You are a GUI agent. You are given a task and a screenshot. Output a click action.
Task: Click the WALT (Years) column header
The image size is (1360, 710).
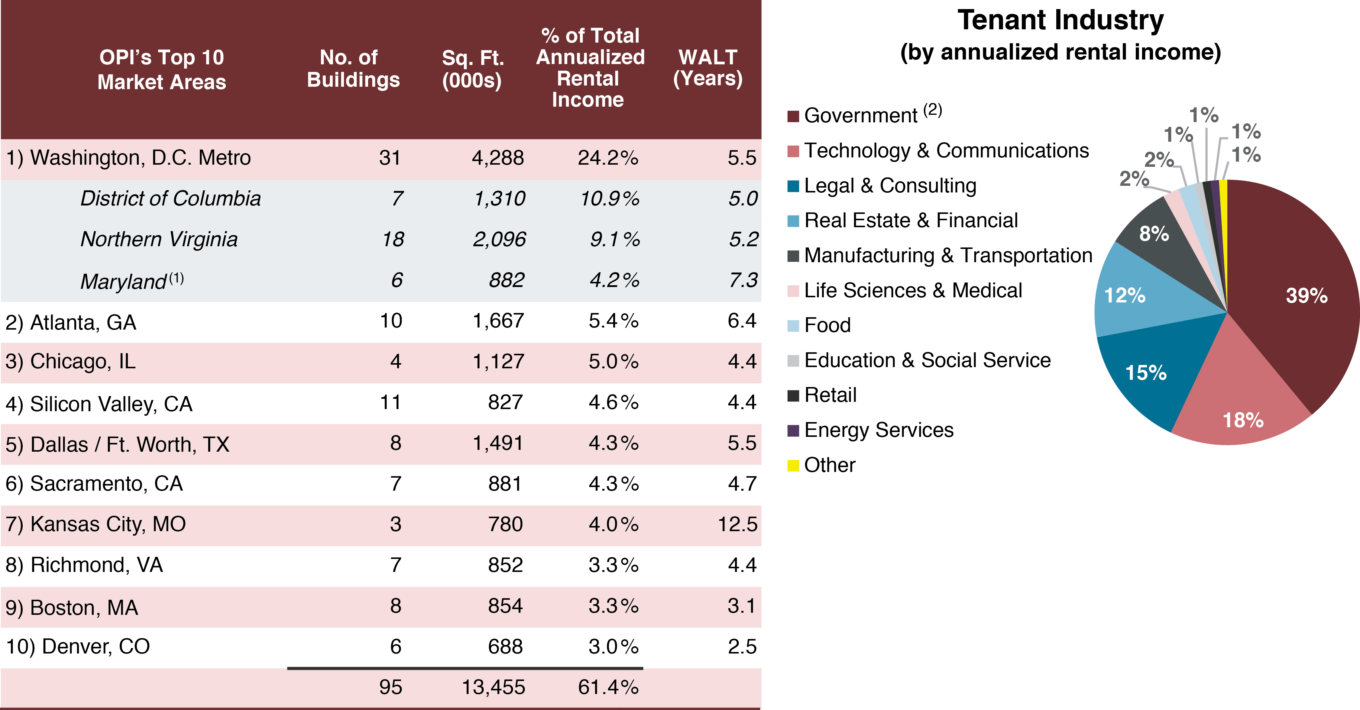(708, 68)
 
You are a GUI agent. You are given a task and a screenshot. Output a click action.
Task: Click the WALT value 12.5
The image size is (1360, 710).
(737, 524)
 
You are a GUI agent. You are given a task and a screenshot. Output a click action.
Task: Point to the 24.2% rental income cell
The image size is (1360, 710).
(608, 158)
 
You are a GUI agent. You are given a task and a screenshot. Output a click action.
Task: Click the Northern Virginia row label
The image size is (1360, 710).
(159, 239)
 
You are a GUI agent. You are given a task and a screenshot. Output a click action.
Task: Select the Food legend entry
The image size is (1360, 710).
(827, 325)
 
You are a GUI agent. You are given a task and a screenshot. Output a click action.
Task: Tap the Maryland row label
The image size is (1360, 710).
(124, 281)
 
